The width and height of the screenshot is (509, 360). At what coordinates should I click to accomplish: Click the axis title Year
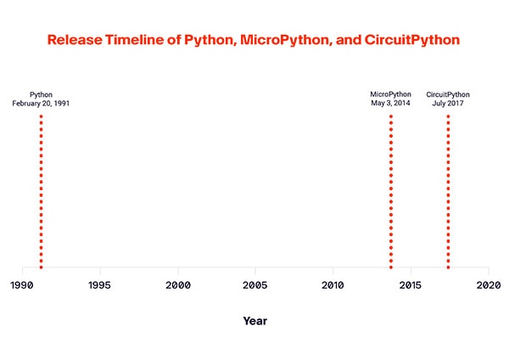pos(255,321)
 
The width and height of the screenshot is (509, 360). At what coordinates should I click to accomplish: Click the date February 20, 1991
pos(41,104)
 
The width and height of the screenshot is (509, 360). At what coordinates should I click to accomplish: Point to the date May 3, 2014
pos(391,104)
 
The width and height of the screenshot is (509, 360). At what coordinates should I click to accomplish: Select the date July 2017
pos(448,104)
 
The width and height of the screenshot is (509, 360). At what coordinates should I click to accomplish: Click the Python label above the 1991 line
pos(41,94)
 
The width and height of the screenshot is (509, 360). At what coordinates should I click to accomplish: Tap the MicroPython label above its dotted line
pos(391,94)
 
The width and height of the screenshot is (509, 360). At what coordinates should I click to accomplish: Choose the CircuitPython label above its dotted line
pos(448,94)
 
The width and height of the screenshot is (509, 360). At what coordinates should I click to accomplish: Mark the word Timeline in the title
pos(135,40)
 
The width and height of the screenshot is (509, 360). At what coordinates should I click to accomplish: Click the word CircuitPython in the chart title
pos(411,40)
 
